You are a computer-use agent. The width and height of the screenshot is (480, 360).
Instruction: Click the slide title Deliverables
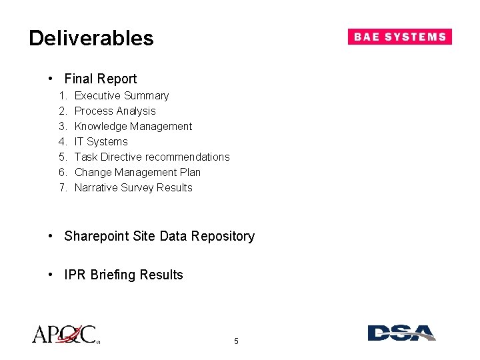coord(91,38)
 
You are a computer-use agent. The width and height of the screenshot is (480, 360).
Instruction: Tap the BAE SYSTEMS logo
coord(399,37)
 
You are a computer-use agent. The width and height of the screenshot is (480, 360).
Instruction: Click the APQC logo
coord(65,333)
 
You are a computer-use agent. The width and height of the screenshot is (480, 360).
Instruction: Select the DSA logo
coord(401,333)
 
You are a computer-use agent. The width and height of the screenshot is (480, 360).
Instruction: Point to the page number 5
coord(236,341)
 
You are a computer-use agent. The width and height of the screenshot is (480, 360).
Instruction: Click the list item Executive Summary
coord(121,96)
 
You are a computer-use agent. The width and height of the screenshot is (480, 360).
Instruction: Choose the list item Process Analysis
coord(115,111)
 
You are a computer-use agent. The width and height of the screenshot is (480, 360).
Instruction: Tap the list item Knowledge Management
coord(133,127)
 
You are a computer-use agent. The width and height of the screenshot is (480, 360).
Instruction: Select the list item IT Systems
coord(101,142)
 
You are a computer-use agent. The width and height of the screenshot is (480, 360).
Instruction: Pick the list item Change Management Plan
coord(137,173)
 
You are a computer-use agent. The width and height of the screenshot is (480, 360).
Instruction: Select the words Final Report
coord(100,79)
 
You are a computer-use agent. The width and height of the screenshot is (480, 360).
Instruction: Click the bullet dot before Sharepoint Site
coord(51,237)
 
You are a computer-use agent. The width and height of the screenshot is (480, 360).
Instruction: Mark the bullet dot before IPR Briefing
coord(51,275)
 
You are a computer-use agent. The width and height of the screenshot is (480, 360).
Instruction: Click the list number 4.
coord(62,142)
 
